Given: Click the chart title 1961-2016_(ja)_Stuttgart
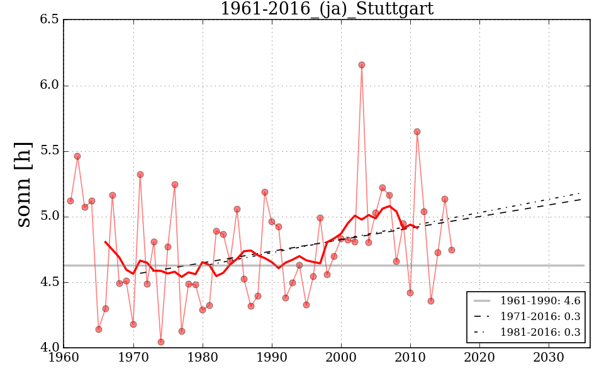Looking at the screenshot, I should click(x=327, y=9).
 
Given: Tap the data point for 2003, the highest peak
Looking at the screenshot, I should click(x=362, y=65).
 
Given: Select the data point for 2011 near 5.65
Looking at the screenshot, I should click(x=417, y=132).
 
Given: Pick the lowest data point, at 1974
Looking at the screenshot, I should click(x=161, y=342).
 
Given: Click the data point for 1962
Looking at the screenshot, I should click(x=77, y=156).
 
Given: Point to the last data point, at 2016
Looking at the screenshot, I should click(x=452, y=250).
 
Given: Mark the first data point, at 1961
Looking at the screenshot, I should click(x=70, y=201).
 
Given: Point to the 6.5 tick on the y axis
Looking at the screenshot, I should click(x=48, y=20).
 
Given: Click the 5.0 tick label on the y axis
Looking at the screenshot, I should click(x=48, y=217).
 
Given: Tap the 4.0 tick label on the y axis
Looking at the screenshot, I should click(x=48, y=348).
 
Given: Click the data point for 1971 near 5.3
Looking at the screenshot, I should click(x=140, y=175).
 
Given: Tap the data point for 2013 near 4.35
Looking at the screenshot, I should click(x=431, y=301).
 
